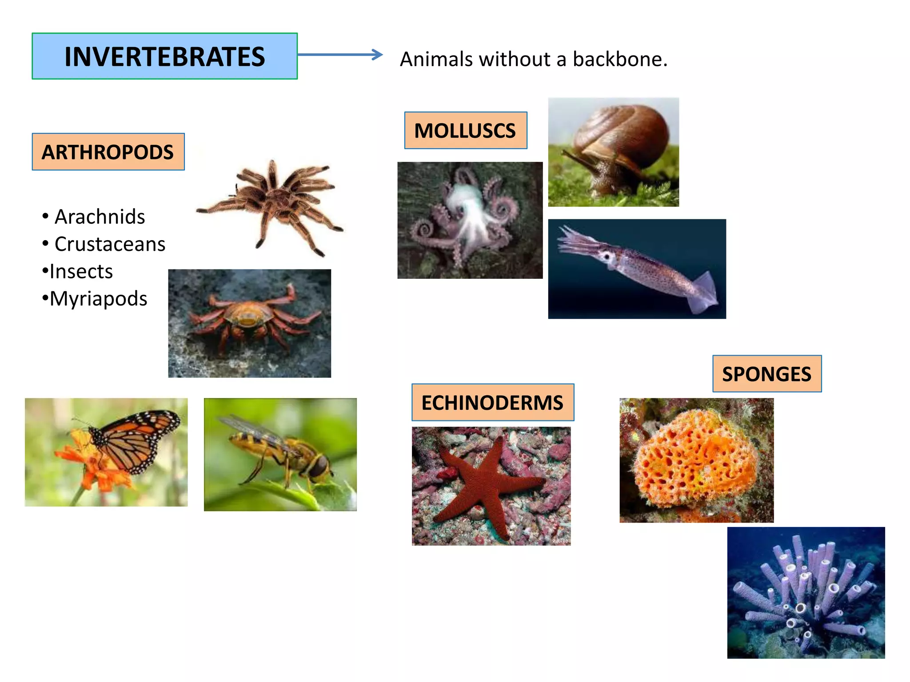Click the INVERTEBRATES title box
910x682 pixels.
[164, 56]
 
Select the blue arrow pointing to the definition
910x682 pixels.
[340, 55]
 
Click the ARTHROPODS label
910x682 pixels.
[108, 152]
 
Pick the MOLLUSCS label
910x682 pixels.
[465, 131]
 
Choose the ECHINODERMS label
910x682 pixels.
[492, 403]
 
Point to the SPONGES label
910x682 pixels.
[766, 374]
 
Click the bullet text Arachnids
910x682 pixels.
[100, 217]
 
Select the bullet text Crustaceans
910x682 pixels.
[110, 244]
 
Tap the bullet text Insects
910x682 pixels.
[81, 272]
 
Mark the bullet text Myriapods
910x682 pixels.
[98, 299]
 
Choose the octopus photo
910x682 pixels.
[470, 220]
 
